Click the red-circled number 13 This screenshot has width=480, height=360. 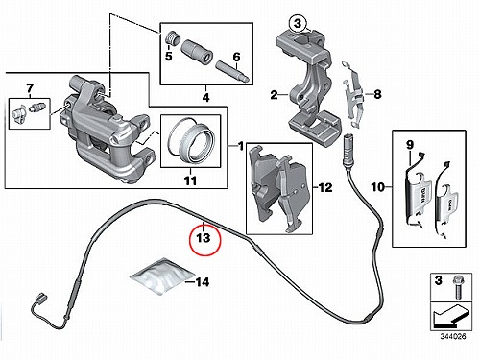coord(204,238)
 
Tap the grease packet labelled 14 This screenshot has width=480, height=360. coord(162,276)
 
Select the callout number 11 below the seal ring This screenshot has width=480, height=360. coord(190,180)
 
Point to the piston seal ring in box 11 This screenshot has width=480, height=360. coord(191,141)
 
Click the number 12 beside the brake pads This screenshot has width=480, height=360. coord(324,187)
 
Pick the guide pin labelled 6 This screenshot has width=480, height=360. coord(233,72)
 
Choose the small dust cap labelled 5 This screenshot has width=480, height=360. coord(173,38)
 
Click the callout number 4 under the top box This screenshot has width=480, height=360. coord(206,97)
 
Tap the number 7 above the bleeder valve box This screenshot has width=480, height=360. coord(30,87)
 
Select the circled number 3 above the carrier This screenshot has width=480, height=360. coord(298,23)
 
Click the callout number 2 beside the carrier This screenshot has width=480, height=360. coord(274,95)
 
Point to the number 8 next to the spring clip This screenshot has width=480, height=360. coord(377,94)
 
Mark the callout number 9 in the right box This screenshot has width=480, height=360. coord(410,145)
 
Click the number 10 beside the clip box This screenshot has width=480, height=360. coord(378,187)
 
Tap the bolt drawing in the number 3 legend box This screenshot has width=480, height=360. coord(457,287)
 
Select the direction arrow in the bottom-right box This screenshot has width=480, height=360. coord(449,316)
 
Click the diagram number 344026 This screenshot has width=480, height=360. coord(453,336)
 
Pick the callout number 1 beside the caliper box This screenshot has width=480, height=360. coord(240,146)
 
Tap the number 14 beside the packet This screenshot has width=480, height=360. coord(203,282)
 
